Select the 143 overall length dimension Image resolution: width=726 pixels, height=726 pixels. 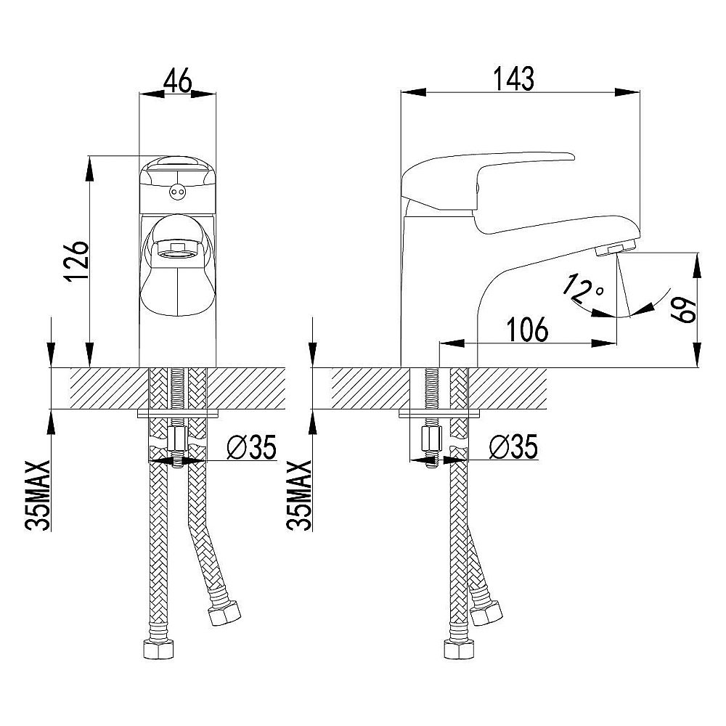(x=514, y=78)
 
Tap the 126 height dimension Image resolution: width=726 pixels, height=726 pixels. (x=76, y=261)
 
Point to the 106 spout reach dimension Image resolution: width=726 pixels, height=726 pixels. (x=527, y=330)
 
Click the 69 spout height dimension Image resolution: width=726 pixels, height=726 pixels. (x=685, y=310)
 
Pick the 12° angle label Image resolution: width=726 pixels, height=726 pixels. (x=582, y=288)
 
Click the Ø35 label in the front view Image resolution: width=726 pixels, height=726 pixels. (x=252, y=446)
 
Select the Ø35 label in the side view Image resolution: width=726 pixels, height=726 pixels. (x=514, y=446)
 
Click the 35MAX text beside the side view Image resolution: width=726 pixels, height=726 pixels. (x=299, y=495)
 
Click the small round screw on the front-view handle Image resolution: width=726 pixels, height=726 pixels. (x=177, y=191)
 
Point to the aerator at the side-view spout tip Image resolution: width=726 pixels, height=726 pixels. (x=608, y=250)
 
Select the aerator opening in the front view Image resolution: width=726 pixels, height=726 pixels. (x=177, y=251)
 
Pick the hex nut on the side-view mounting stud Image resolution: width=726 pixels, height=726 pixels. (x=431, y=441)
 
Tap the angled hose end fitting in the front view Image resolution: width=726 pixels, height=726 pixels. (x=224, y=613)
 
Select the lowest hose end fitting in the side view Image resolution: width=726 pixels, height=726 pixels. (x=459, y=648)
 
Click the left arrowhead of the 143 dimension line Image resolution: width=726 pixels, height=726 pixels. (x=413, y=92)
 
